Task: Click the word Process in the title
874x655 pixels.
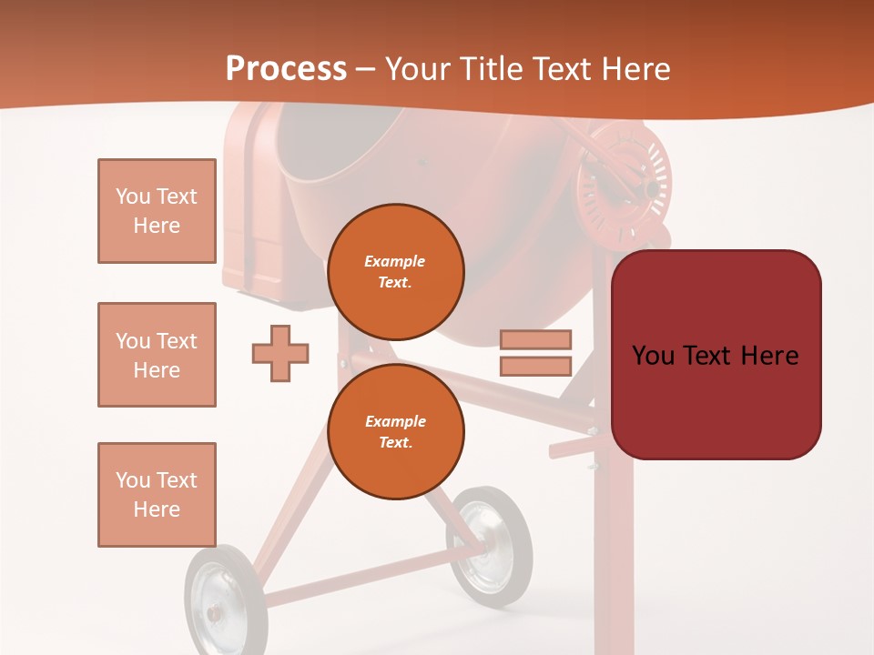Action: [286, 69]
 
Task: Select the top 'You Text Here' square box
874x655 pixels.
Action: [157, 211]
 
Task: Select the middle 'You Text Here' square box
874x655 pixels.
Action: [157, 355]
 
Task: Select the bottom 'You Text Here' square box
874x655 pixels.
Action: [157, 495]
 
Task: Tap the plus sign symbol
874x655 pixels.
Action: [280, 353]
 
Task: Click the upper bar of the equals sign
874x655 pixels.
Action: [535, 339]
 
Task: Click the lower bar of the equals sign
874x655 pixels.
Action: [535, 367]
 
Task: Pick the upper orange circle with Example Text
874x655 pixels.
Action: [396, 271]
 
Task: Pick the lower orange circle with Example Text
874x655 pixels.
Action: [396, 431]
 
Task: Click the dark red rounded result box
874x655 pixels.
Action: [716, 355]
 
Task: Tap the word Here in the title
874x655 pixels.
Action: [637, 69]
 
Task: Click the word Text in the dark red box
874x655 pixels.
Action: [715, 355]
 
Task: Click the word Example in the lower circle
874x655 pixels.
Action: [395, 421]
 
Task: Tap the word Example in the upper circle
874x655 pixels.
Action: [395, 261]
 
